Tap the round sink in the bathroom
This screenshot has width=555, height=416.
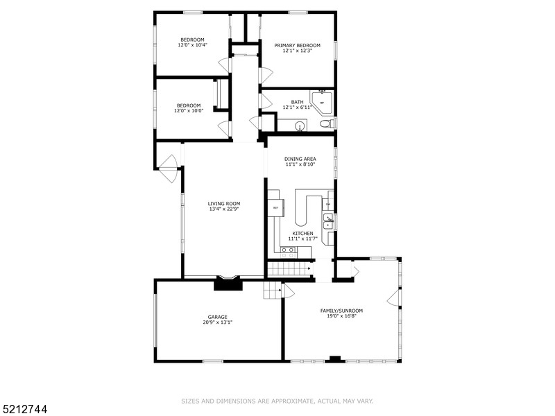coord(300,126)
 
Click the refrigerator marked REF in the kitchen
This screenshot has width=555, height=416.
coord(275,208)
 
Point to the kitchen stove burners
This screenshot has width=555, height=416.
coord(287,251)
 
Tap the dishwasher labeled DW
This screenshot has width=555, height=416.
coord(328,204)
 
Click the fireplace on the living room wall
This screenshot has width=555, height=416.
coord(228,282)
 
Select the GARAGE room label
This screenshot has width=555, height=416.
coord(218,317)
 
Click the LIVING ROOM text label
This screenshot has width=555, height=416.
coord(224,204)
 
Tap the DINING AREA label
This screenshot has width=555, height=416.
coord(300,159)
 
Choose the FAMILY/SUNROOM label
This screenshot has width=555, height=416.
coord(341,311)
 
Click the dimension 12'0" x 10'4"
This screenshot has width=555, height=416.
coord(192,45)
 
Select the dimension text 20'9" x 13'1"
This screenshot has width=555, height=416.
coord(218,322)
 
